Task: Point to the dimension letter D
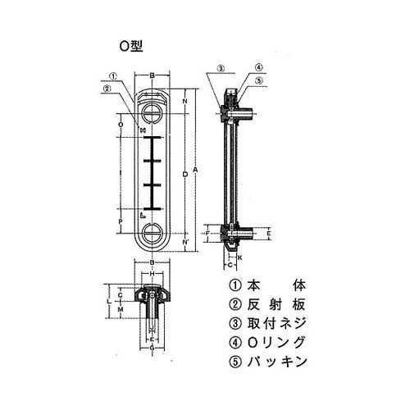(184, 174)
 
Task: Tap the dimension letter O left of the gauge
(121, 124)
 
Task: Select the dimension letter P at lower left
(121, 221)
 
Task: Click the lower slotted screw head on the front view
(153, 233)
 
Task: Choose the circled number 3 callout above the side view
(221, 68)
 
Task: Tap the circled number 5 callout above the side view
(257, 80)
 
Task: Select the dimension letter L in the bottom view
(110, 302)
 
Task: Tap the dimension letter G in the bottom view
(153, 348)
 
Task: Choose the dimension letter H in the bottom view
(153, 273)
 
